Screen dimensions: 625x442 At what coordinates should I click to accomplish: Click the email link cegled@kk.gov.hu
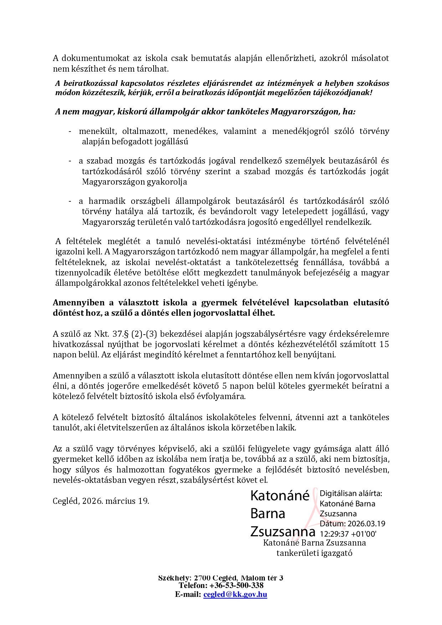(235, 594)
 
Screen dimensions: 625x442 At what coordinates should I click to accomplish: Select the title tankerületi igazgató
(314, 553)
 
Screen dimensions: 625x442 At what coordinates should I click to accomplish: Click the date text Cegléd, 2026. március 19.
(101, 501)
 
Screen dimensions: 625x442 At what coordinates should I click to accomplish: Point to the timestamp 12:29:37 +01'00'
(348, 534)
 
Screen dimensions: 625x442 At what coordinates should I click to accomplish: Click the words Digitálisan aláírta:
(351, 494)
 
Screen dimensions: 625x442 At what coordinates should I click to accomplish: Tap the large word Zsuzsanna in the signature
(283, 531)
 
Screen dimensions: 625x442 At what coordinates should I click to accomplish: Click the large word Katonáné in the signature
(280, 496)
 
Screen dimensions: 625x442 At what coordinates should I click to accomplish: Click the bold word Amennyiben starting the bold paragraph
(78, 303)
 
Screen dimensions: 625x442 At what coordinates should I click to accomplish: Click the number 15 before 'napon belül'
(384, 344)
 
